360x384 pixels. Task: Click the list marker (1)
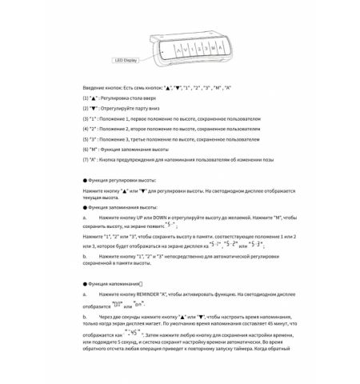tap(86, 97)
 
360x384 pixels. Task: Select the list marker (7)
tap(86, 160)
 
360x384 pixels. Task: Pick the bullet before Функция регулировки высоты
tap(85, 181)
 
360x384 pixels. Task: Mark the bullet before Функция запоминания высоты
tap(85, 207)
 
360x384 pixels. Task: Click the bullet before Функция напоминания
tap(85, 285)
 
